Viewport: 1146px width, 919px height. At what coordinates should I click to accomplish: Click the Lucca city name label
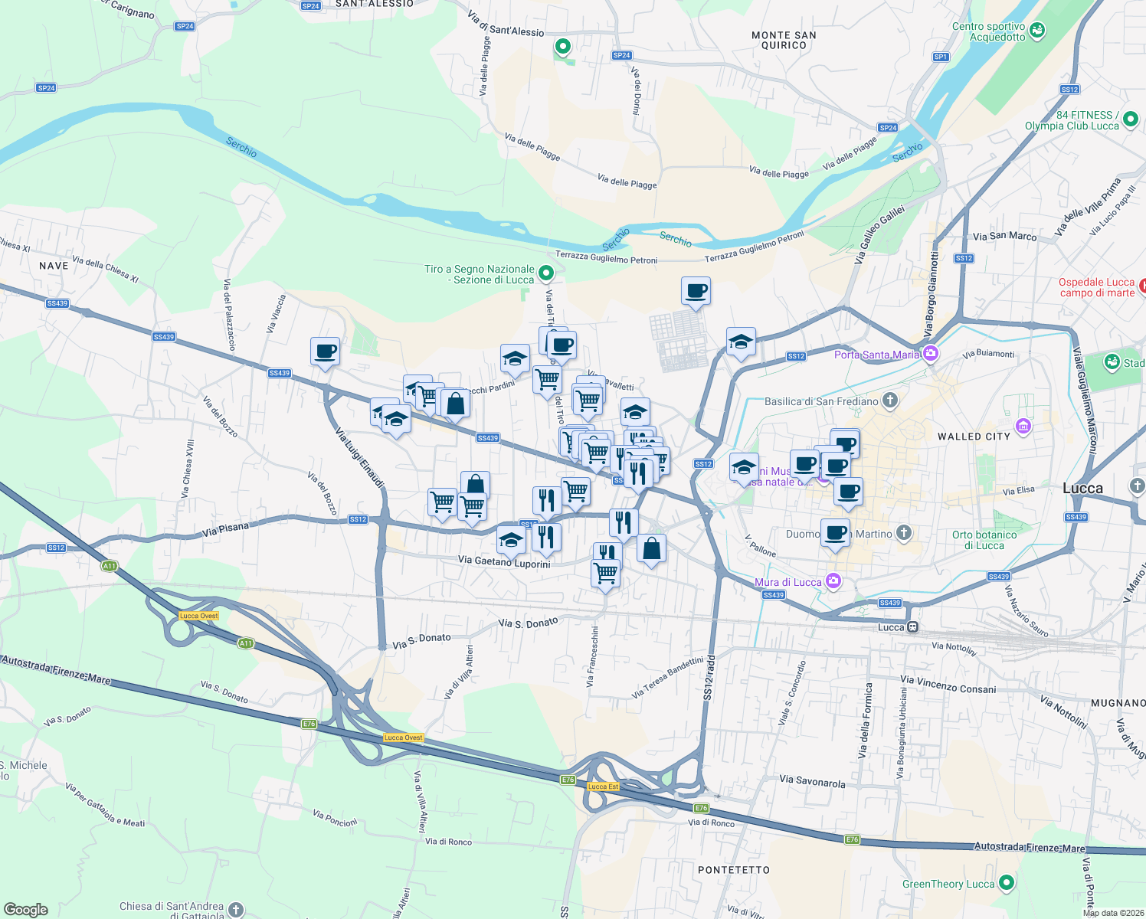[1082, 489]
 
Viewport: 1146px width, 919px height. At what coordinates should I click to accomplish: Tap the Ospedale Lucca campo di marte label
[1097, 287]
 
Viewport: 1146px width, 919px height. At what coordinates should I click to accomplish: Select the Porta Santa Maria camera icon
[931, 353]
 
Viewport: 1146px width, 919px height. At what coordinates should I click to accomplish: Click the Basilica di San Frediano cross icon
[889, 400]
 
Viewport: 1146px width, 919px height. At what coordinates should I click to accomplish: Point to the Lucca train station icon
[912, 627]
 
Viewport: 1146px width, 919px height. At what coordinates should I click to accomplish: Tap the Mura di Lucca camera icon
[833, 581]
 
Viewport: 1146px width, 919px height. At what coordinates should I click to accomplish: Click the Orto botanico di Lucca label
[984, 540]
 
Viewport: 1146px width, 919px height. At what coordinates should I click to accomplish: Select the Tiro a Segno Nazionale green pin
[545, 273]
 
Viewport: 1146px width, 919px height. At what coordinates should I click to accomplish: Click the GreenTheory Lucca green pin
[1007, 883]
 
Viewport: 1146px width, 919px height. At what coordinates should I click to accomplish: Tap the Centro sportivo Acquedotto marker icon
[1037, 31]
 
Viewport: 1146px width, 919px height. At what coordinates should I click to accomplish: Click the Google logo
[26, 909]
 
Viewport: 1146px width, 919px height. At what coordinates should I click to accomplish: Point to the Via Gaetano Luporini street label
[504, 561]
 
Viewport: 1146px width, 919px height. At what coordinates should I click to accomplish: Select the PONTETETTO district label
[733, 870]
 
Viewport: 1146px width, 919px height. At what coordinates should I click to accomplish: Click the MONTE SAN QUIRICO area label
[784, 40]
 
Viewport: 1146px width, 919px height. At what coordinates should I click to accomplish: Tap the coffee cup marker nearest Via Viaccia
[325, 352]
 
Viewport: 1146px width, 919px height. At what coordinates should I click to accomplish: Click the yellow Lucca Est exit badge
[603, 787]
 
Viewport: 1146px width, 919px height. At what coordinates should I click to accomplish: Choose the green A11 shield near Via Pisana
[110, 566]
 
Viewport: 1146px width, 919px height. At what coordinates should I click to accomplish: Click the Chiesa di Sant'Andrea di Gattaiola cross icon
[236, 909]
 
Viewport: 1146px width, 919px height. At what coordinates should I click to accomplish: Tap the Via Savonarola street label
[812, 781]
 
